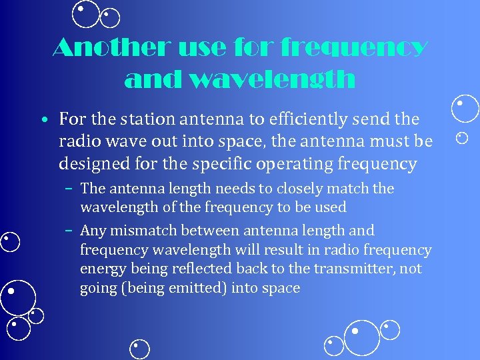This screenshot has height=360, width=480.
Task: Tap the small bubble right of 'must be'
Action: tap(462, 138)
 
